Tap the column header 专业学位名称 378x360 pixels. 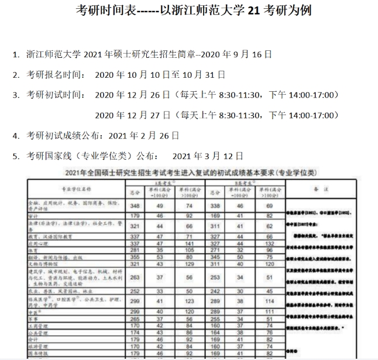click(76, 189)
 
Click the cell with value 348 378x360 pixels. click(135, 205)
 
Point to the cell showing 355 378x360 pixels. click(135, 256)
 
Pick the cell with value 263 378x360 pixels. click(135, 278)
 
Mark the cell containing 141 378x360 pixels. click(188, 243)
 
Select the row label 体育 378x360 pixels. click(35, 250)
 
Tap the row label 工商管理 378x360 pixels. click(39, 326)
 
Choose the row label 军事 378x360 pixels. click(35, 319)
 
